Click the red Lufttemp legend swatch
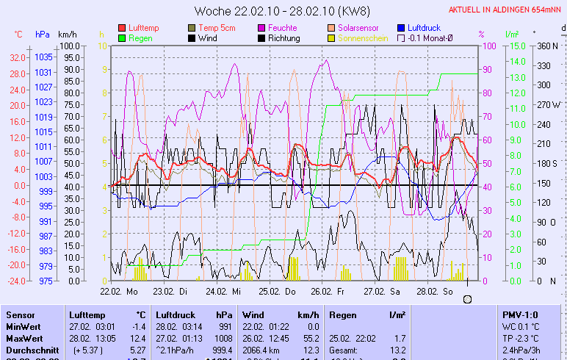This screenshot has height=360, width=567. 122,27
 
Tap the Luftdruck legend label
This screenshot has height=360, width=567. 424,27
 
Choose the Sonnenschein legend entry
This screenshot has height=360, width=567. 363,37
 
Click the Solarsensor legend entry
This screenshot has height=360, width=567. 358,27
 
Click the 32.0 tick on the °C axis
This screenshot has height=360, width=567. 18,57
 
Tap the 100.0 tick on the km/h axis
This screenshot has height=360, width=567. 70,46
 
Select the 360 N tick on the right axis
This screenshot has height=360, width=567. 547,46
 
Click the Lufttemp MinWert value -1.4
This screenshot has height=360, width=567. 138,326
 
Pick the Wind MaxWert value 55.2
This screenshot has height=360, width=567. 311,339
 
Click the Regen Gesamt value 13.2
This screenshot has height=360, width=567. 396,351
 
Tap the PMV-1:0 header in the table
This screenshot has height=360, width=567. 517,314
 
